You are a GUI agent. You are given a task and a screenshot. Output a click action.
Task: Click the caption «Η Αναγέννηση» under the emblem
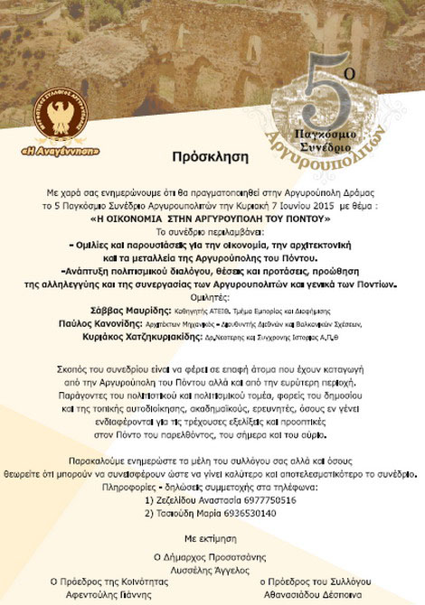[73, 149]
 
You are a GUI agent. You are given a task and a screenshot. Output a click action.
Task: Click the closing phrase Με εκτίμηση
[212, 535]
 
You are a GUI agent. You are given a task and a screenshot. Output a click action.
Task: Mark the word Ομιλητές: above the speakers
[212, 294]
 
